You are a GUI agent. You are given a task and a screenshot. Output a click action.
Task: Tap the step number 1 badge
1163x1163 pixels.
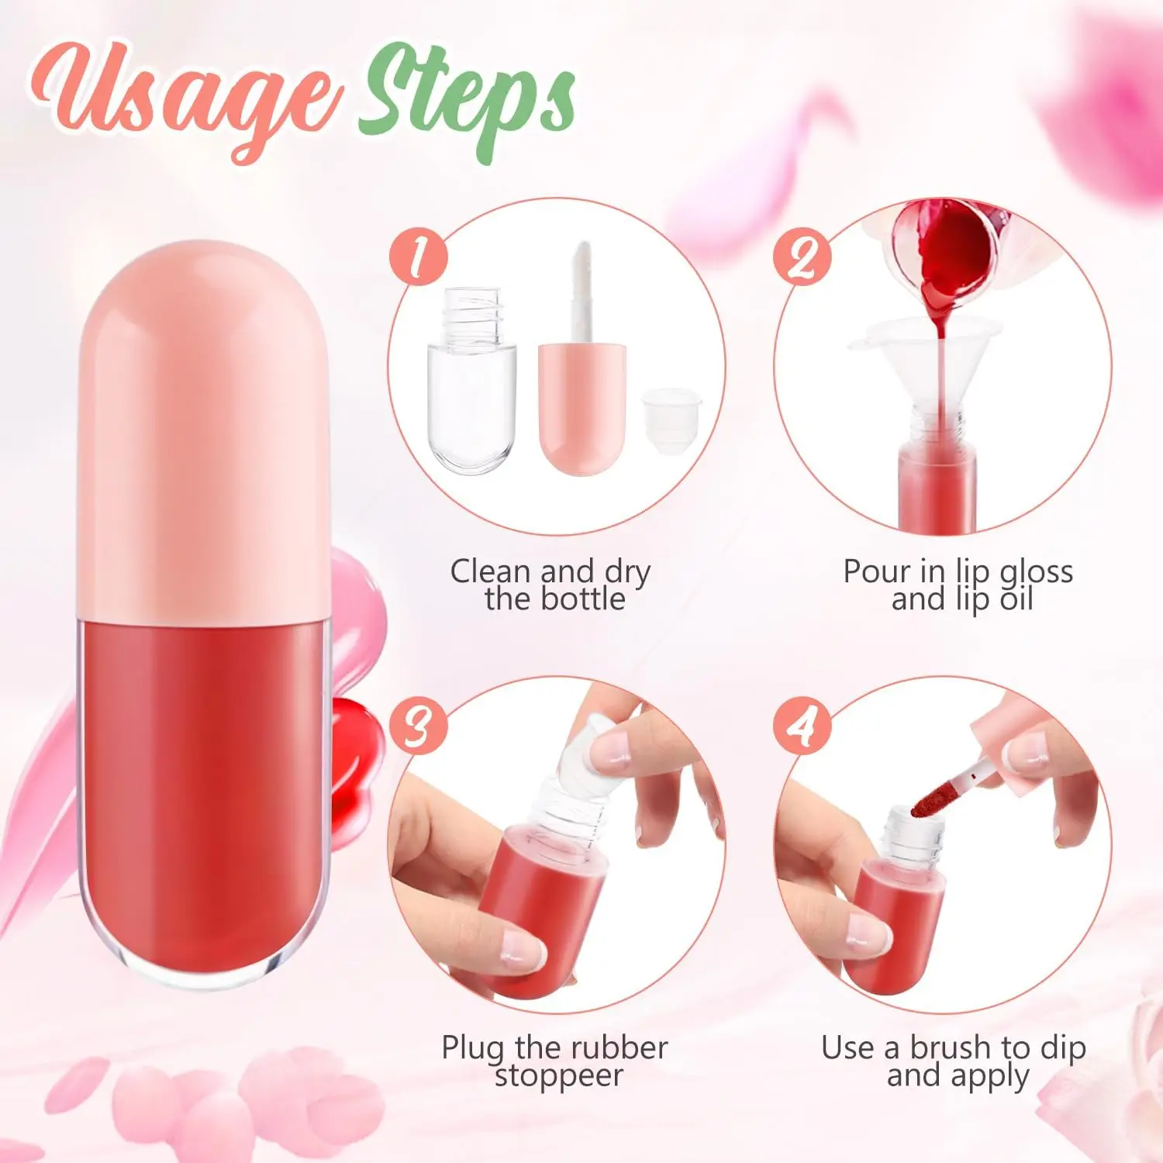(419, 257)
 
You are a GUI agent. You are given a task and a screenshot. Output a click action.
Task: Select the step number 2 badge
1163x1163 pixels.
(802, 257)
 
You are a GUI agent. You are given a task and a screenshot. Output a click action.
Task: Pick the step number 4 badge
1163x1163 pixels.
(802, 726)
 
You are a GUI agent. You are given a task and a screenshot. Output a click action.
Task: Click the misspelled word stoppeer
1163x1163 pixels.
(559, 1076)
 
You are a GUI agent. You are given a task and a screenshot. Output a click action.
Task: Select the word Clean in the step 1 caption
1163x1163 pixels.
(491, 572)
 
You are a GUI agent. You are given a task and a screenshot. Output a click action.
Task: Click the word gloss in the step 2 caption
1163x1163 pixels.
(1036, 572)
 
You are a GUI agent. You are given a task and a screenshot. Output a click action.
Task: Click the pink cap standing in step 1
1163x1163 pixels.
(583, 407)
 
